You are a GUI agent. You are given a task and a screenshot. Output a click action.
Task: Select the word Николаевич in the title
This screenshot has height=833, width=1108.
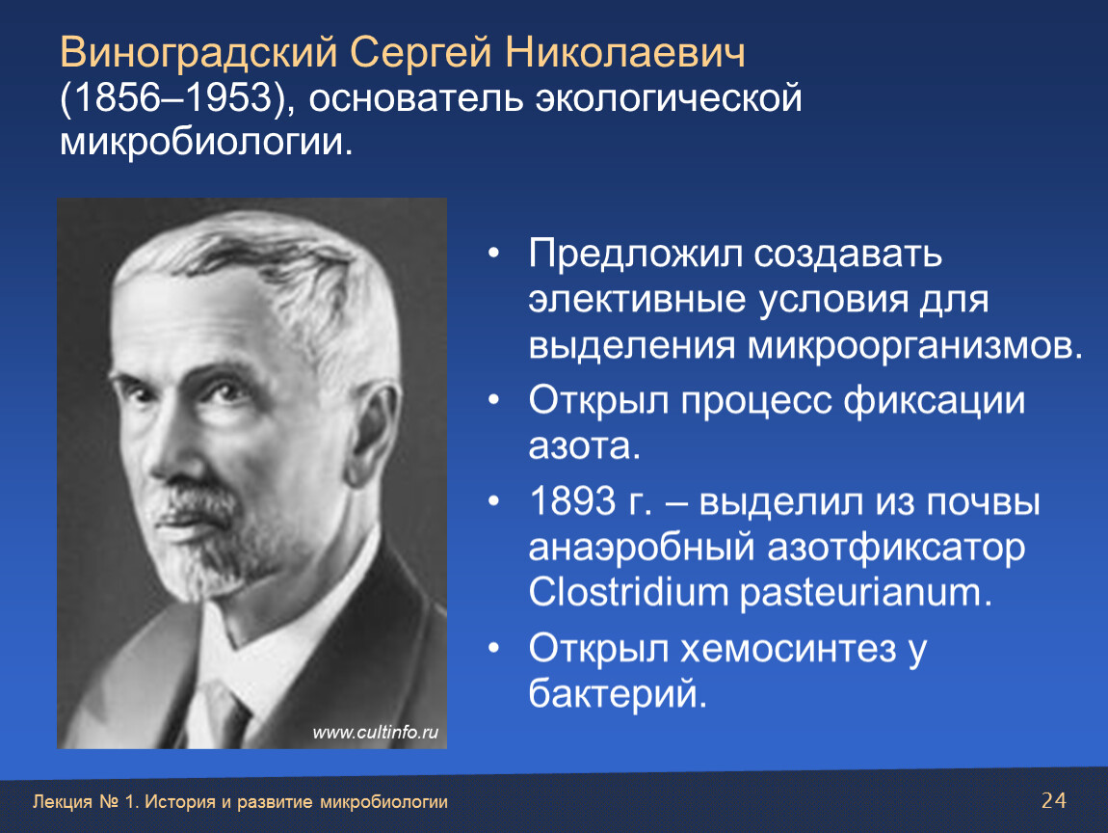(x=625, y=52)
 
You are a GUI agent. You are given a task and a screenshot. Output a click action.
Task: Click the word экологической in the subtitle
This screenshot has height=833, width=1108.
(x=669, y=98)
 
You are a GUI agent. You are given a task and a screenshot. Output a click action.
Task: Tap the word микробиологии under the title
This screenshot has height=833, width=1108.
(x=205, y=142)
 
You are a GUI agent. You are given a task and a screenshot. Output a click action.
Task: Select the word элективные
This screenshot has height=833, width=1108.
(x=638, y=299)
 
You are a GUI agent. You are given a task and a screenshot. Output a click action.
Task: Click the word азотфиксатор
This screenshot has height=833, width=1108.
(x=896, y=548)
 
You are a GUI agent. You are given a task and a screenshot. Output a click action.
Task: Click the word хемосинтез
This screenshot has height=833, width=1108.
(x=788, y=649)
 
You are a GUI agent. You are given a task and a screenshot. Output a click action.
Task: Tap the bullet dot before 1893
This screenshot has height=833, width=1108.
(x=494, y=501)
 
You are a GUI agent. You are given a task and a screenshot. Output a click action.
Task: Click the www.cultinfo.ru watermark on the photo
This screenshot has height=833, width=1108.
(x=375, y=732)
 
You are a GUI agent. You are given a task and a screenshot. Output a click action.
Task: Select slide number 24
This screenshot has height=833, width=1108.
(x=1054, y=800)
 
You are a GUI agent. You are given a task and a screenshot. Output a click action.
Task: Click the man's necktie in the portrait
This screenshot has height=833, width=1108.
(x=224, y=714)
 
